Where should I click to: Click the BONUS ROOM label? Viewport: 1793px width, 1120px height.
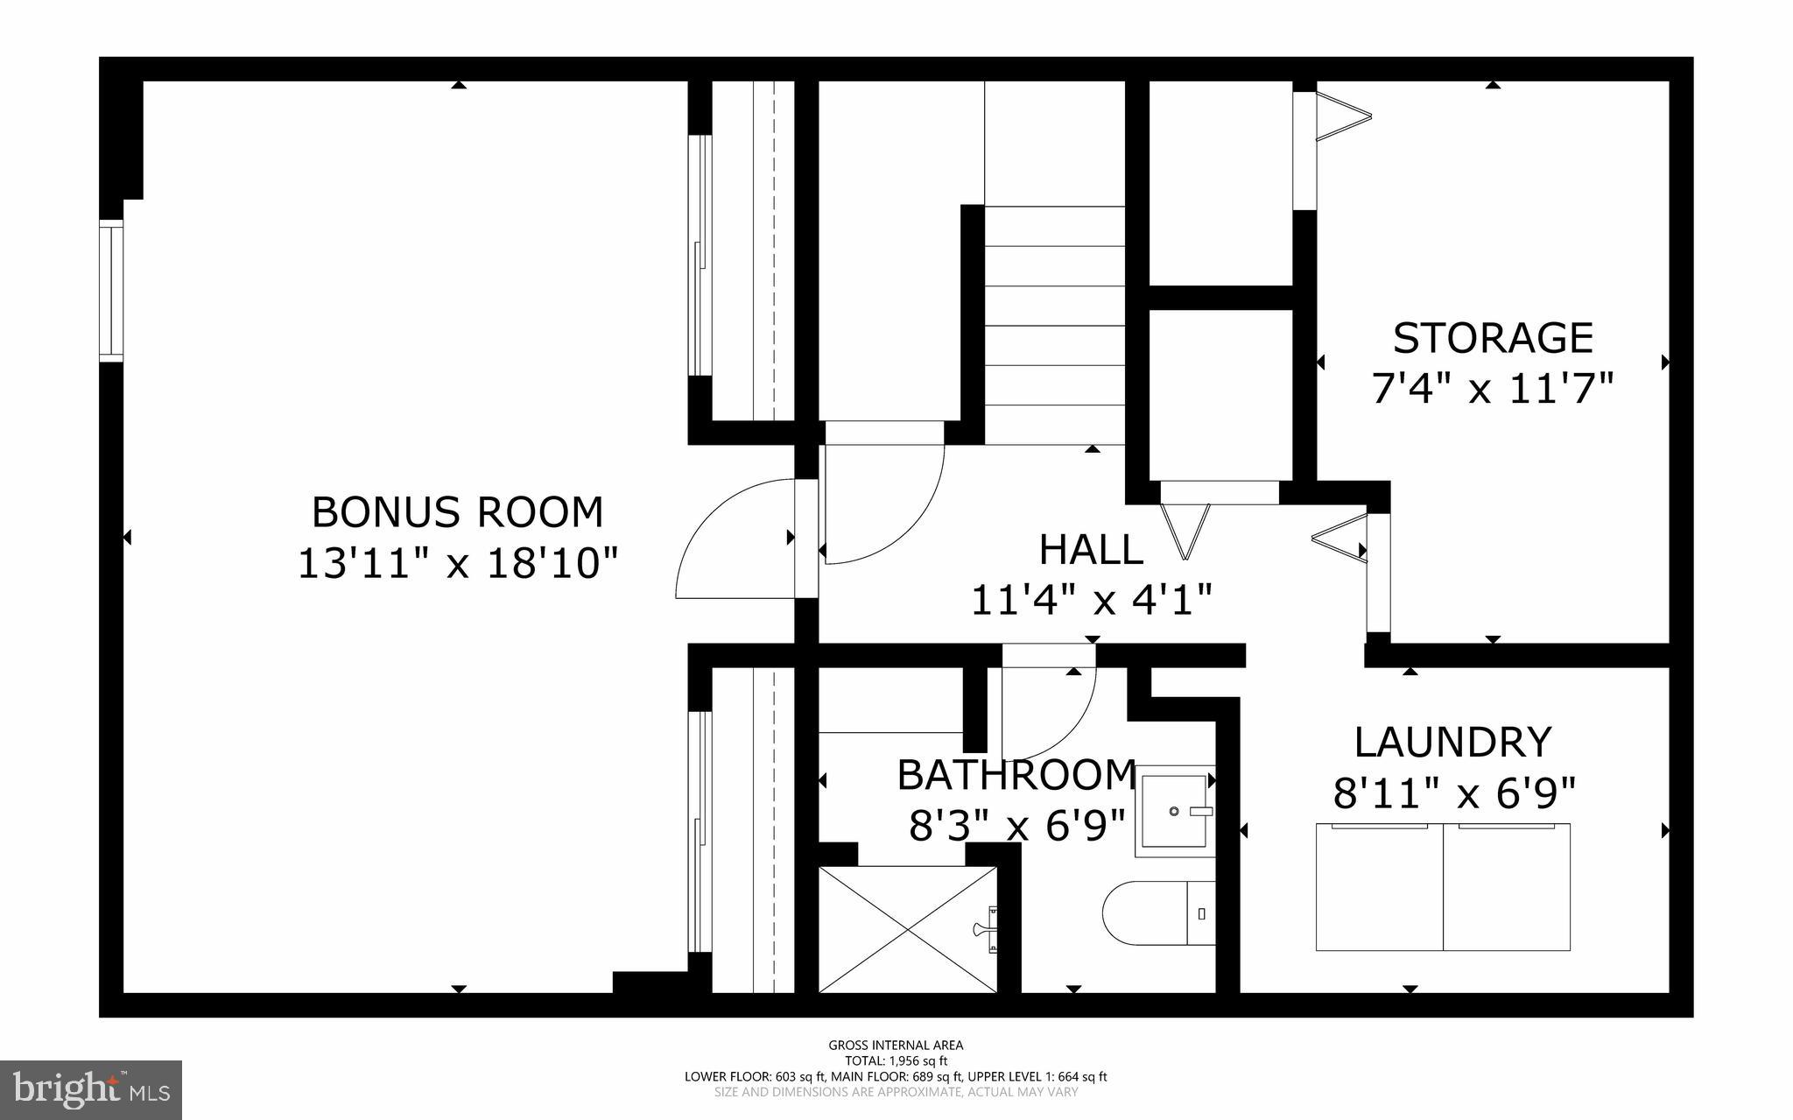(x=457, y=512)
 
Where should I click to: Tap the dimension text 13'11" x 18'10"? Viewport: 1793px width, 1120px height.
(x=458, y=563)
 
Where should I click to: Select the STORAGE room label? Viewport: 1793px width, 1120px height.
(x=1493, y=338)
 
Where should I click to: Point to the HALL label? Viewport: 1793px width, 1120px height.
(x=1091, y=550)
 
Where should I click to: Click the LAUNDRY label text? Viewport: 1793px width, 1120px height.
(x=1452, y=742)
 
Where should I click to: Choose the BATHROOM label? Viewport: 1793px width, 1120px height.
(x=1016, y=775)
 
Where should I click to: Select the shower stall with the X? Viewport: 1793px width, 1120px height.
(x=907, y=929)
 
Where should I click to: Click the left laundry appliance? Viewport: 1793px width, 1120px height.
(x=1379, y=887)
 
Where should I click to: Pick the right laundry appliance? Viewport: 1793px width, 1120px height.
(x=1506, y=887)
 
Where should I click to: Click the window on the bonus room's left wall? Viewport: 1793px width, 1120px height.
(x=111, y=292)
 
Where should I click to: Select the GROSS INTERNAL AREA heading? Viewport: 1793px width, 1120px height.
(x=896, y=1045)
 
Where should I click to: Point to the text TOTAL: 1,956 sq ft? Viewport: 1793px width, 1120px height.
(x=896, y=1060)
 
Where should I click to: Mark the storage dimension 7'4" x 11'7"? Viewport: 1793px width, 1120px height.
(x=1492, y=389)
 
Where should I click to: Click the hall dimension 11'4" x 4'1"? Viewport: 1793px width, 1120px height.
(x=1091, y=601)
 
